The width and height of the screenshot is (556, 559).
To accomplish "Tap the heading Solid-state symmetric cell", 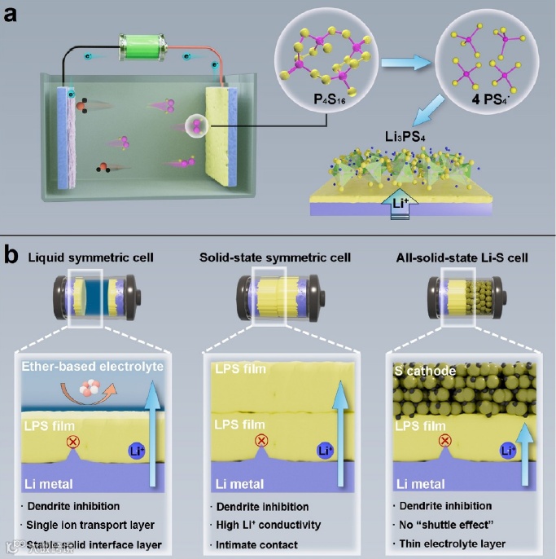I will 275,258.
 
